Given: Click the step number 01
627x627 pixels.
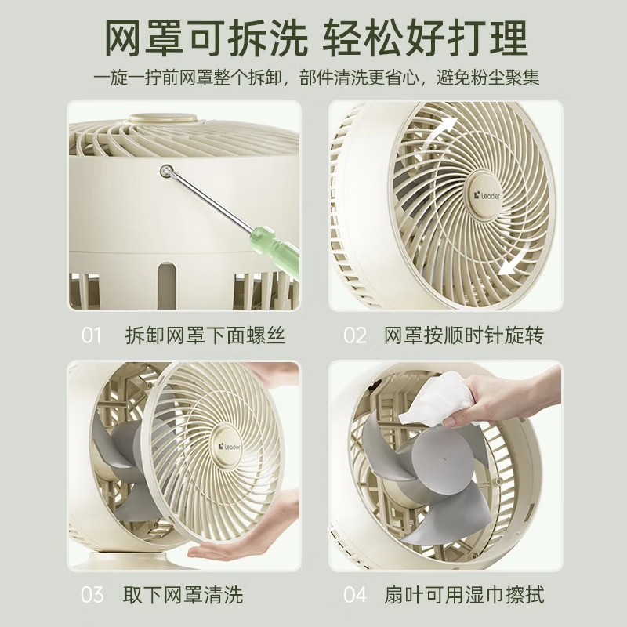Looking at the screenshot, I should pos(92,336).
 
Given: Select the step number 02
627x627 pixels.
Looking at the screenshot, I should pos(355,336).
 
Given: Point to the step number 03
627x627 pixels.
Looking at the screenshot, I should pos(92,595).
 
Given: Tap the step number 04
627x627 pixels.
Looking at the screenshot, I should pos(355,595).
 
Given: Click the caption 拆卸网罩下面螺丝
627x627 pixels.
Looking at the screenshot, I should pos(205,336).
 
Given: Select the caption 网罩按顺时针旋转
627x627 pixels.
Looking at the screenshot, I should pos(464,336).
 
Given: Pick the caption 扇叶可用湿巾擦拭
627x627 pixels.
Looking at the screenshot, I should pos(464,595).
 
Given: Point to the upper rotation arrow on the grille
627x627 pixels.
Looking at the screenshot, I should pos(440,129).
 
